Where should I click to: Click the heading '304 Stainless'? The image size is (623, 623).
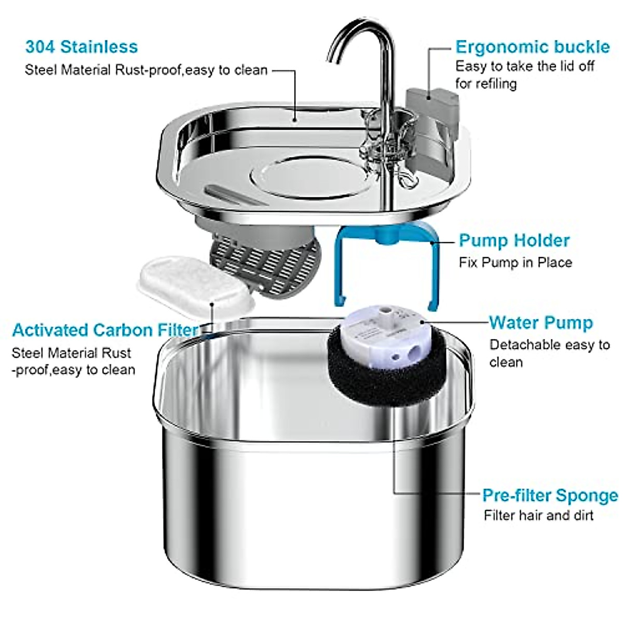tap(82, 47)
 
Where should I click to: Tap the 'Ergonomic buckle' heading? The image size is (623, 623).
tap(532, 47)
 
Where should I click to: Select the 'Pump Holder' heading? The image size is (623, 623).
tap(514, 240)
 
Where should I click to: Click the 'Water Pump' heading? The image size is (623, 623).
tap(540, 322)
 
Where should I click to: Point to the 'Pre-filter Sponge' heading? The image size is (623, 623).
tap(550, 495)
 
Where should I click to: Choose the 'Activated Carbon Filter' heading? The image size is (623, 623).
tap(105, 330)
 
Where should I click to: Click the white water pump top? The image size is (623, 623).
tap(387, 337)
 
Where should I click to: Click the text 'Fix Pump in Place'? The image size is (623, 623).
tap(515, 263)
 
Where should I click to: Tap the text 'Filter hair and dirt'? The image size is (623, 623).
tap(538, 516)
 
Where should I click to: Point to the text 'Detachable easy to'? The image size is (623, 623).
tap(549, 345)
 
